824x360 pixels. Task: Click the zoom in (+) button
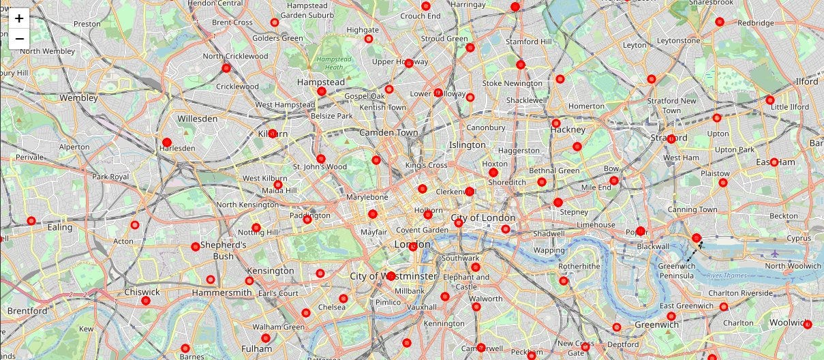[x=19, y=18]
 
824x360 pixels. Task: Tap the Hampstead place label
[x=321, y=82]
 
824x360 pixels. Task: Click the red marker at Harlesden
[x=167, y=142]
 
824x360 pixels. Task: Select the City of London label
[x=483, y=217]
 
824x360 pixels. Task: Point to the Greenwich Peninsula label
[x=676, y=271]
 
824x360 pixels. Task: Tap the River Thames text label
[x=727, y=275]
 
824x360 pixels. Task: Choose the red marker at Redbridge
[x=719, y=22]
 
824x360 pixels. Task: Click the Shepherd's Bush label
[x=223, y=250]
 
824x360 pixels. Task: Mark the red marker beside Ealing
[x=31, y=220]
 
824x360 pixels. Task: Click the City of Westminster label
[x=393, y=276]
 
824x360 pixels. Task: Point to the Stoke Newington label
[x=513, y=83]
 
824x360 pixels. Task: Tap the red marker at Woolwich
[x=808, y=324]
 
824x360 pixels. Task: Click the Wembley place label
[x=78, y=97]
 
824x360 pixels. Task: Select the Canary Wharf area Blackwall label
[x=653, y=246]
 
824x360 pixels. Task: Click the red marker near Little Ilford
[x=770, y=100]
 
